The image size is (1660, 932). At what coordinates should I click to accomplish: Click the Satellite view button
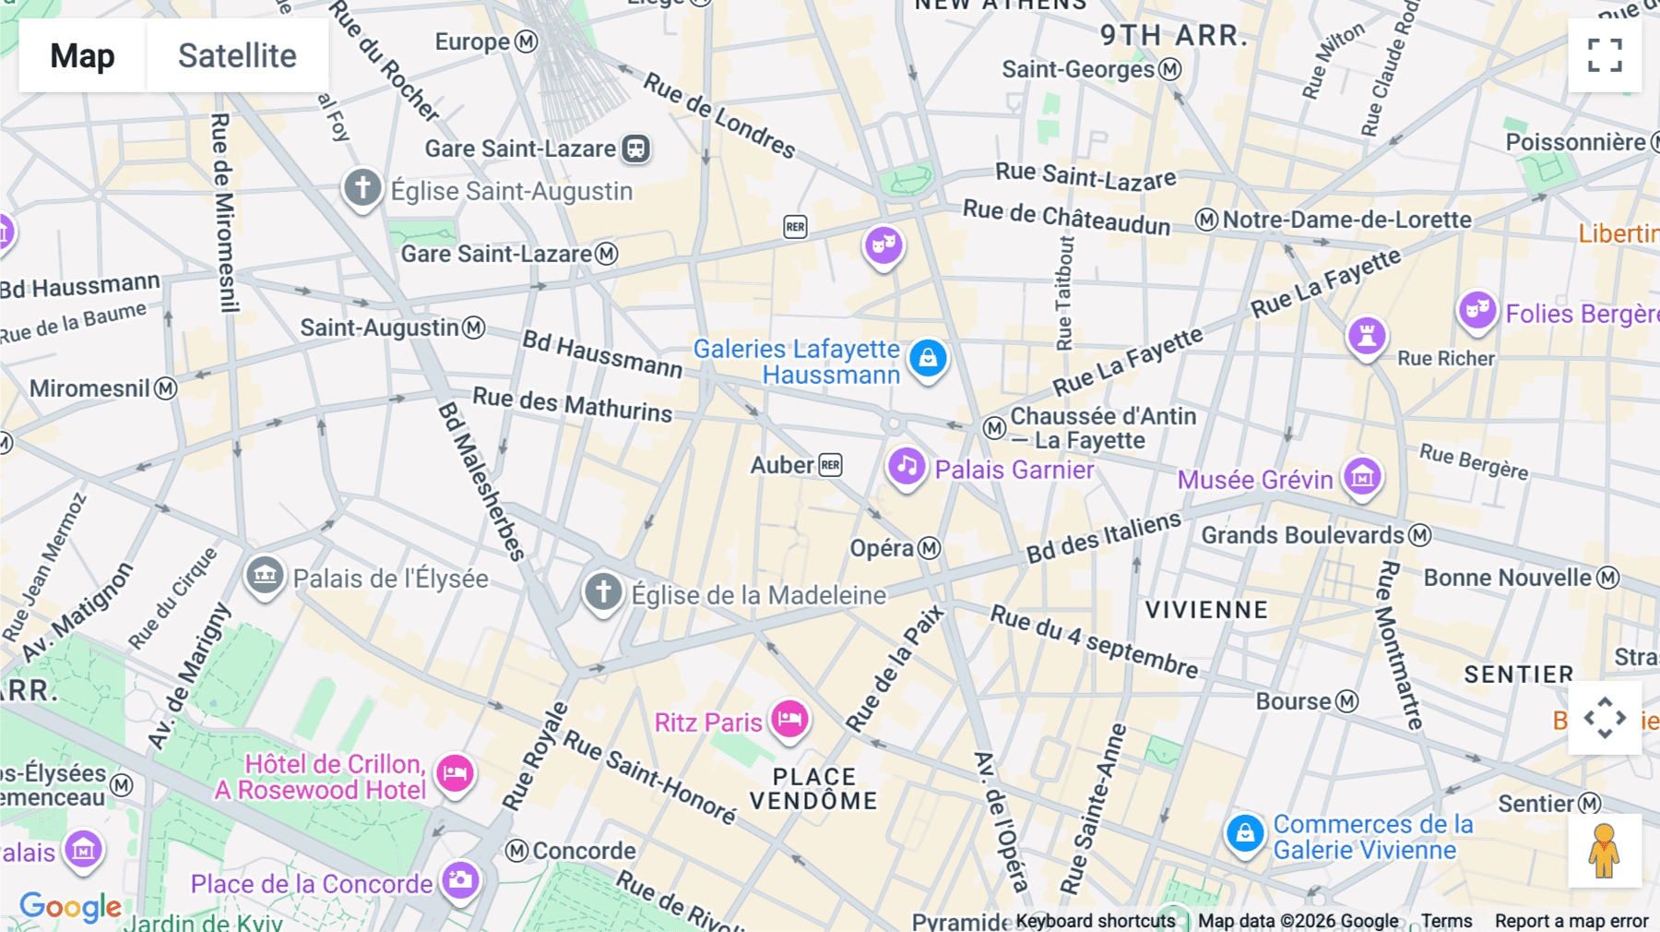[x=237, y=55]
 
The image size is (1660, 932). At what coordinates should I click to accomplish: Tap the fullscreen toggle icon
[x=1605, y=55]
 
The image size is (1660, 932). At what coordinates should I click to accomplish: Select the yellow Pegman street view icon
[x=1605, y=851]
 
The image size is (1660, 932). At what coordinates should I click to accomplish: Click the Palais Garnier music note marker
[x=907, y=466]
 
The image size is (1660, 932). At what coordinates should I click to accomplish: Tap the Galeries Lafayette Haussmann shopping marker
[x=928, y=358]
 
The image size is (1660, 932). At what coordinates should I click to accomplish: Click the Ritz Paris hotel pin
[x=790, y=719]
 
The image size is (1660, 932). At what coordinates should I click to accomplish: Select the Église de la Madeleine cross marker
[x=603, y=591]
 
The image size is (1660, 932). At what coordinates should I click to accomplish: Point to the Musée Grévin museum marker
[x=1362, y=477]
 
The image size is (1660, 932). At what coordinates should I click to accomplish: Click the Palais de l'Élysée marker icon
[x=265, y=576]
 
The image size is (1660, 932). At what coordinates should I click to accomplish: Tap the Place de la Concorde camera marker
[x=459, y=880]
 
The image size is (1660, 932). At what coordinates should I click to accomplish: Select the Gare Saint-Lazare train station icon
[x=635, y=149]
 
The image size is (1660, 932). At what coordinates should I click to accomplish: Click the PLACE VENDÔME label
[x=813, y=789]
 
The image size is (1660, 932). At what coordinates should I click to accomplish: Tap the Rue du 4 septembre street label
[x=1094, y=640]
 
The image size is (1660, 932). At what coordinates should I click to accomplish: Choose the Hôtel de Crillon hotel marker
[x=455, y=773]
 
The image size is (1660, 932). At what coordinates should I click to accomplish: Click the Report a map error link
[x=1571, y=920]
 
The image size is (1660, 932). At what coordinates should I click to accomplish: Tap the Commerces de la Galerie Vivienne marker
[x=1244, y=833]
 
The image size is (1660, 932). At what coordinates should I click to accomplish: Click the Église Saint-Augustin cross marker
[x=362, y=188]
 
